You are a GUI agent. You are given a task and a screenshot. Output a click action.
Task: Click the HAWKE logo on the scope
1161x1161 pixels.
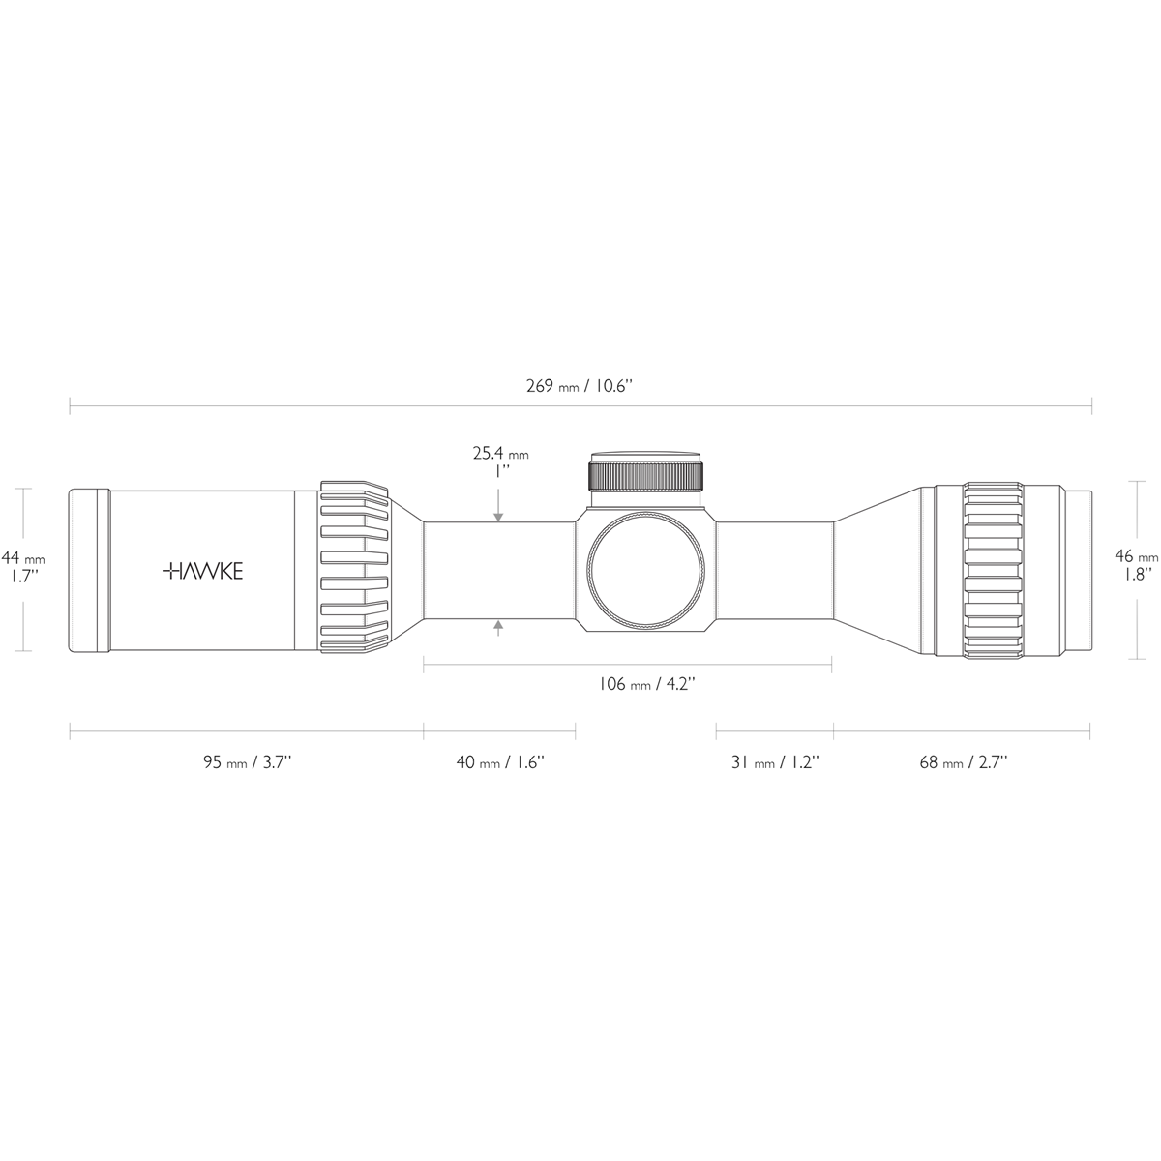pos(202,571)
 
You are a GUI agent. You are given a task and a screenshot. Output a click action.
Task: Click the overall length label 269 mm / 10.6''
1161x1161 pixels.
pos(580,386)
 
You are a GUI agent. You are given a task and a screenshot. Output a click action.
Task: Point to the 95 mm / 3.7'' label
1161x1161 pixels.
pos(247,762)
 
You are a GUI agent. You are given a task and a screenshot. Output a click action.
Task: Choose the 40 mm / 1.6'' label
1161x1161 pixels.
pos(500,762)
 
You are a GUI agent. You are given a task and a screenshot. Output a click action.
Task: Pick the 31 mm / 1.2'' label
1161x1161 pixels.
pos(775,762)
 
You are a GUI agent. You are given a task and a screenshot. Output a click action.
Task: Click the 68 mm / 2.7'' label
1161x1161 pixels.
pos(963,762)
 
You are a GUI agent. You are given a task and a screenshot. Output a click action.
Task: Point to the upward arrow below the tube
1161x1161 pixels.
pos(498,629)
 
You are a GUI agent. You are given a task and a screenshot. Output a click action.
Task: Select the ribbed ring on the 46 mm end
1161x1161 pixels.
pos(992,571)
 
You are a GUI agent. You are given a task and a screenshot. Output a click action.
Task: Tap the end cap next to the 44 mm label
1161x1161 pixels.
pos(87,571)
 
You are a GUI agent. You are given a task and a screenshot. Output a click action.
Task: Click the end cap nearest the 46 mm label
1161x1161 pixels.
pos(1079,571)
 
